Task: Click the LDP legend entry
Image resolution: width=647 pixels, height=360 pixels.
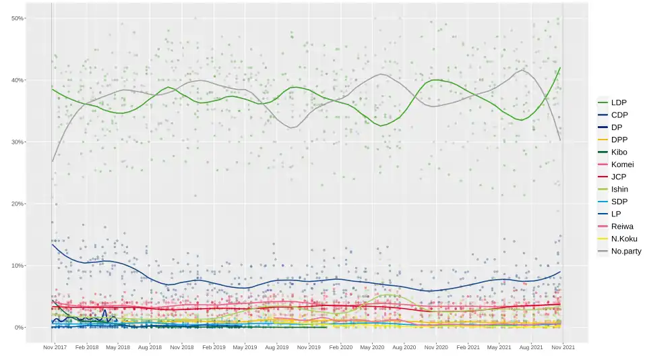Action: click(x=619, y=102)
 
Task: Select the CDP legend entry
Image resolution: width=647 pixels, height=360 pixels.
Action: click(x=619, y=115)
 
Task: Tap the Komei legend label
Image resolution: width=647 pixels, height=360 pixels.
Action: click(x=622, y=164)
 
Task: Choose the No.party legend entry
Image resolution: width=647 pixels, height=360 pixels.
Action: click(x=625, y=251)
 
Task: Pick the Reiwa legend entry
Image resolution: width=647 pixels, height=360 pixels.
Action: click(x=622, y=227)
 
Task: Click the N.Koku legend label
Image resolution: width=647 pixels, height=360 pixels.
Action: click(x=624, y=239)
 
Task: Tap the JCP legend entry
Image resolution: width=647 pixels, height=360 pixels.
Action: click(x=619, y=177)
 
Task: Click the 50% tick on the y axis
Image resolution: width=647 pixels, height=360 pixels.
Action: click(x=18, y=18)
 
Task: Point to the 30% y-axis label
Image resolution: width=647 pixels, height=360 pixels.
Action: click(x=18, y=142)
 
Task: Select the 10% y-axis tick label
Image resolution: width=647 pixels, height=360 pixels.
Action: click(x=18, y=266)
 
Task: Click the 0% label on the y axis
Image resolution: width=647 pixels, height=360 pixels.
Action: click(x=19, y=328)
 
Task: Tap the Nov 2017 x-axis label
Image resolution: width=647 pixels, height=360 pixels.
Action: click(x=55, y=348)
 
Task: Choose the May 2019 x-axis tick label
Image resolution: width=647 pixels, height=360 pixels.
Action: click(x=245, y=348)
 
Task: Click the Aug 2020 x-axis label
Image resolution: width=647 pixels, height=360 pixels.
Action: click(x=404, y=348)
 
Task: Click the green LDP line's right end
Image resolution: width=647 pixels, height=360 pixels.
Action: click(x=561, y=67)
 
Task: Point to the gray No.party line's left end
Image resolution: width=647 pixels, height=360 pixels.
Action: click(x=53, y=162)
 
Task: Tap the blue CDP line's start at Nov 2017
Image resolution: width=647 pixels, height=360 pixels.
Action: click(x=53, y=244)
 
